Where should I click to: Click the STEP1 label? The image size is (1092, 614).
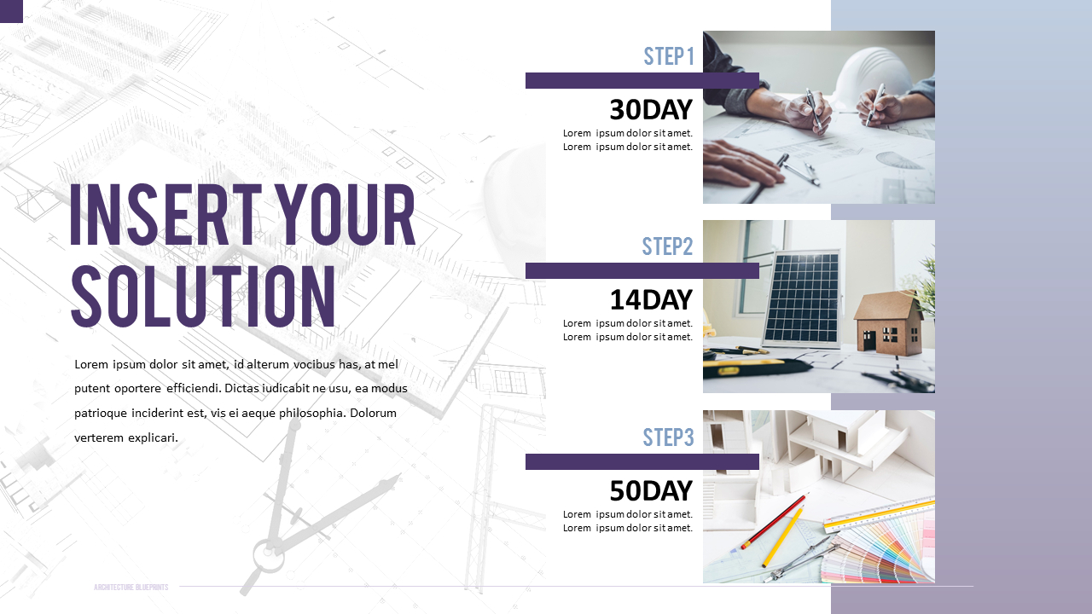[x=669, y=56]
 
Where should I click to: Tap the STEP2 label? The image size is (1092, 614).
[x=667, y=246]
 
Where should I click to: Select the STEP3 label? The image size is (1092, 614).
[x=668, y=437]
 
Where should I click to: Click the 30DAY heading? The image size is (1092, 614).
[x=650, y=110]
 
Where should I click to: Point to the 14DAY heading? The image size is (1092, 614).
[x=650, y=300]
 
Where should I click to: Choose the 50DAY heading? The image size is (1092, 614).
[x=650, y=491]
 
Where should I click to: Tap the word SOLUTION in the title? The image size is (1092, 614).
[x=203, y=296]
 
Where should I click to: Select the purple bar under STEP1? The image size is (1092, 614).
[x=642, y=81]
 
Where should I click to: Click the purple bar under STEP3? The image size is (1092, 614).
[x=642, y=461]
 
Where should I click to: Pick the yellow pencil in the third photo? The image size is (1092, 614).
[x=783, y=537]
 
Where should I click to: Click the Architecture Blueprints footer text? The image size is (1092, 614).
[x=131, y=588]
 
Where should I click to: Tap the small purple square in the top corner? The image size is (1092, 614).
[x=11, y=11]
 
